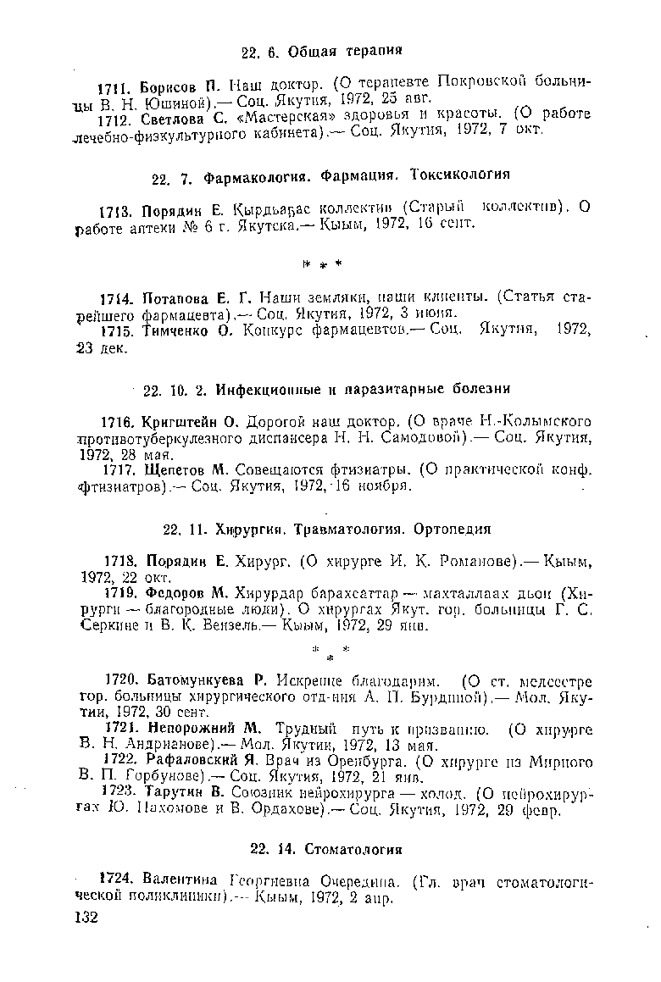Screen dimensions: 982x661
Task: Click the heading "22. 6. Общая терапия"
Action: tap(320, 52)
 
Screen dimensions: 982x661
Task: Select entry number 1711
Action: tap(114, 86)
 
